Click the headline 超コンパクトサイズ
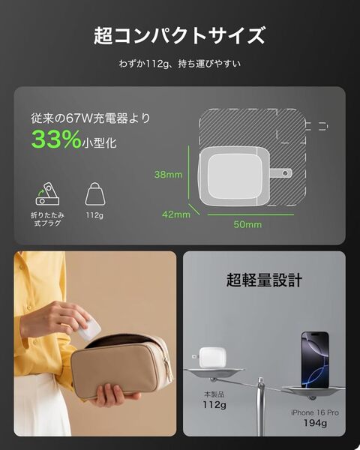179,35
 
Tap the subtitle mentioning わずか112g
180,64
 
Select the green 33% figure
56,139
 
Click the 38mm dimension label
168,175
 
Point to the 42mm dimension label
176,214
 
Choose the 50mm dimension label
247,224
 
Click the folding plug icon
47,193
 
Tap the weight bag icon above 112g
95,194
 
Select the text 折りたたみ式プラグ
47,219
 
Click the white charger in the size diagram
234,176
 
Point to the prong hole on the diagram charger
285,173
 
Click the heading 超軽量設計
265,280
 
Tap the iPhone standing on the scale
315,360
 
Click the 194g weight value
315,423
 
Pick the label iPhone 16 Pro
315,412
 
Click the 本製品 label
214,394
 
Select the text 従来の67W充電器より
91,118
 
